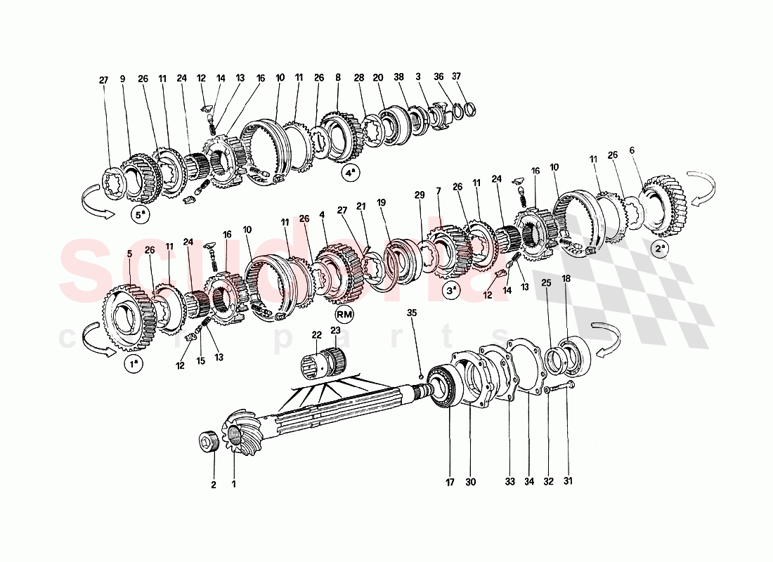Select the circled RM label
344,313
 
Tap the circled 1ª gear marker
132,364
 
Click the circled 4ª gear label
349,171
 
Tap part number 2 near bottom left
213,484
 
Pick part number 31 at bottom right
569,482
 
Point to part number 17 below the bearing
450,482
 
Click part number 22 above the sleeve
317,336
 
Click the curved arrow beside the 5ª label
97,208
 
